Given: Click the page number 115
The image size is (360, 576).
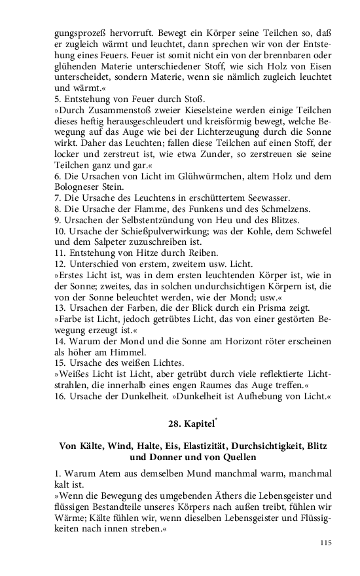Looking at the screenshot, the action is click(326, 543).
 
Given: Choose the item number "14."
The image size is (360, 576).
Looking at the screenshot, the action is click(61, 342).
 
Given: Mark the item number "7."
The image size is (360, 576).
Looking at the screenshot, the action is click(58, 197).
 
